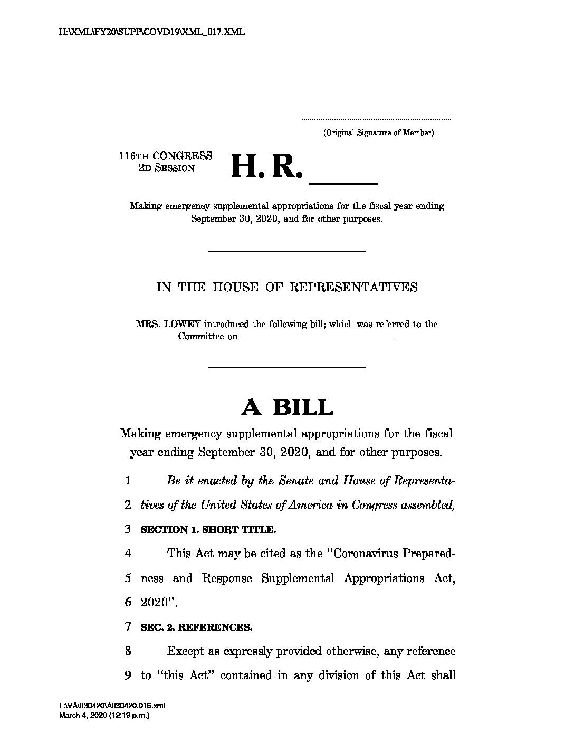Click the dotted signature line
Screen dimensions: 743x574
377,120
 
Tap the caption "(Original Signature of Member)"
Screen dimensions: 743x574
378,133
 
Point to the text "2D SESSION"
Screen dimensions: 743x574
166,168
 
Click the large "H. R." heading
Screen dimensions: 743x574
267,167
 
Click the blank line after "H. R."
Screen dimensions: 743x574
343,182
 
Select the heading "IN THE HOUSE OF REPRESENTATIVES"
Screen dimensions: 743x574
287,288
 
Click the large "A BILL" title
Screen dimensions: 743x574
287,407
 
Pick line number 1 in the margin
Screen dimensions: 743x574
128,481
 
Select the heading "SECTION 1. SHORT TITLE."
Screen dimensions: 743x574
208,530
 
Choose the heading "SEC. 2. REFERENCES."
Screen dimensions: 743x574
196,627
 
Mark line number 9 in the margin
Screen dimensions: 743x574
128,675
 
